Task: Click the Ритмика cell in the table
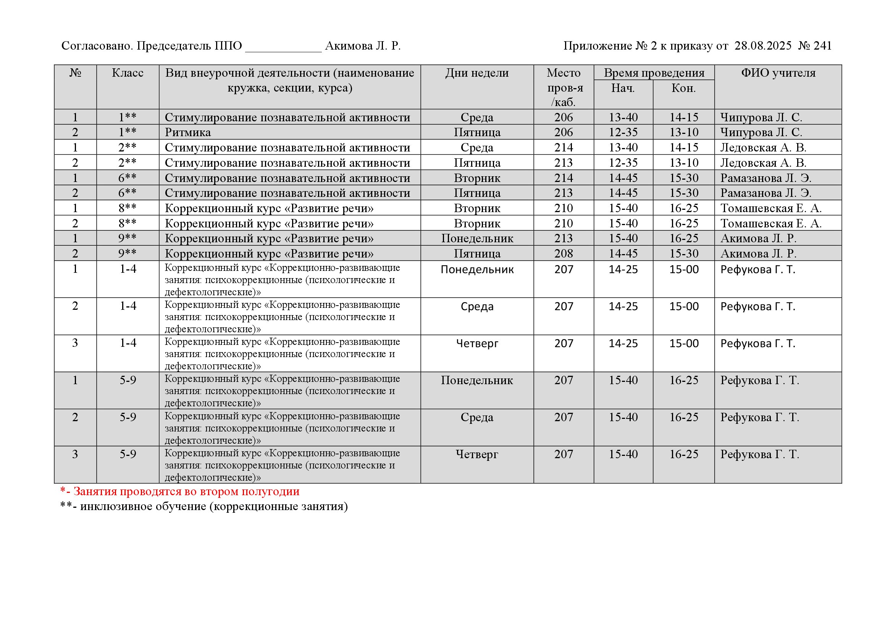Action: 187,132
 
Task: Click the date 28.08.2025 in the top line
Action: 763,46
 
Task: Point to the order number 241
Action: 822,46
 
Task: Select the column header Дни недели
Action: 477,73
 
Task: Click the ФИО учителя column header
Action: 778,73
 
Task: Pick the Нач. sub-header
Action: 623,88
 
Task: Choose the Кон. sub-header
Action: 683,88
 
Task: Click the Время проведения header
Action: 654,73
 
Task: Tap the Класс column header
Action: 128,73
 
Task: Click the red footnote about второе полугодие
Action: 180,491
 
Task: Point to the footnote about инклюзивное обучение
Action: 204,507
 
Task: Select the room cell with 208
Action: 564,254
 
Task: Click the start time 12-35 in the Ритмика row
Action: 623,132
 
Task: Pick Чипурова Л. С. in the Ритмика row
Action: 761,132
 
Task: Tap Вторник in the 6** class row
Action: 477,178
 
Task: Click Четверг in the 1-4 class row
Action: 477,343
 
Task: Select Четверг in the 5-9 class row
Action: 477,454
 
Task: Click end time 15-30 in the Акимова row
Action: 684,254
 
